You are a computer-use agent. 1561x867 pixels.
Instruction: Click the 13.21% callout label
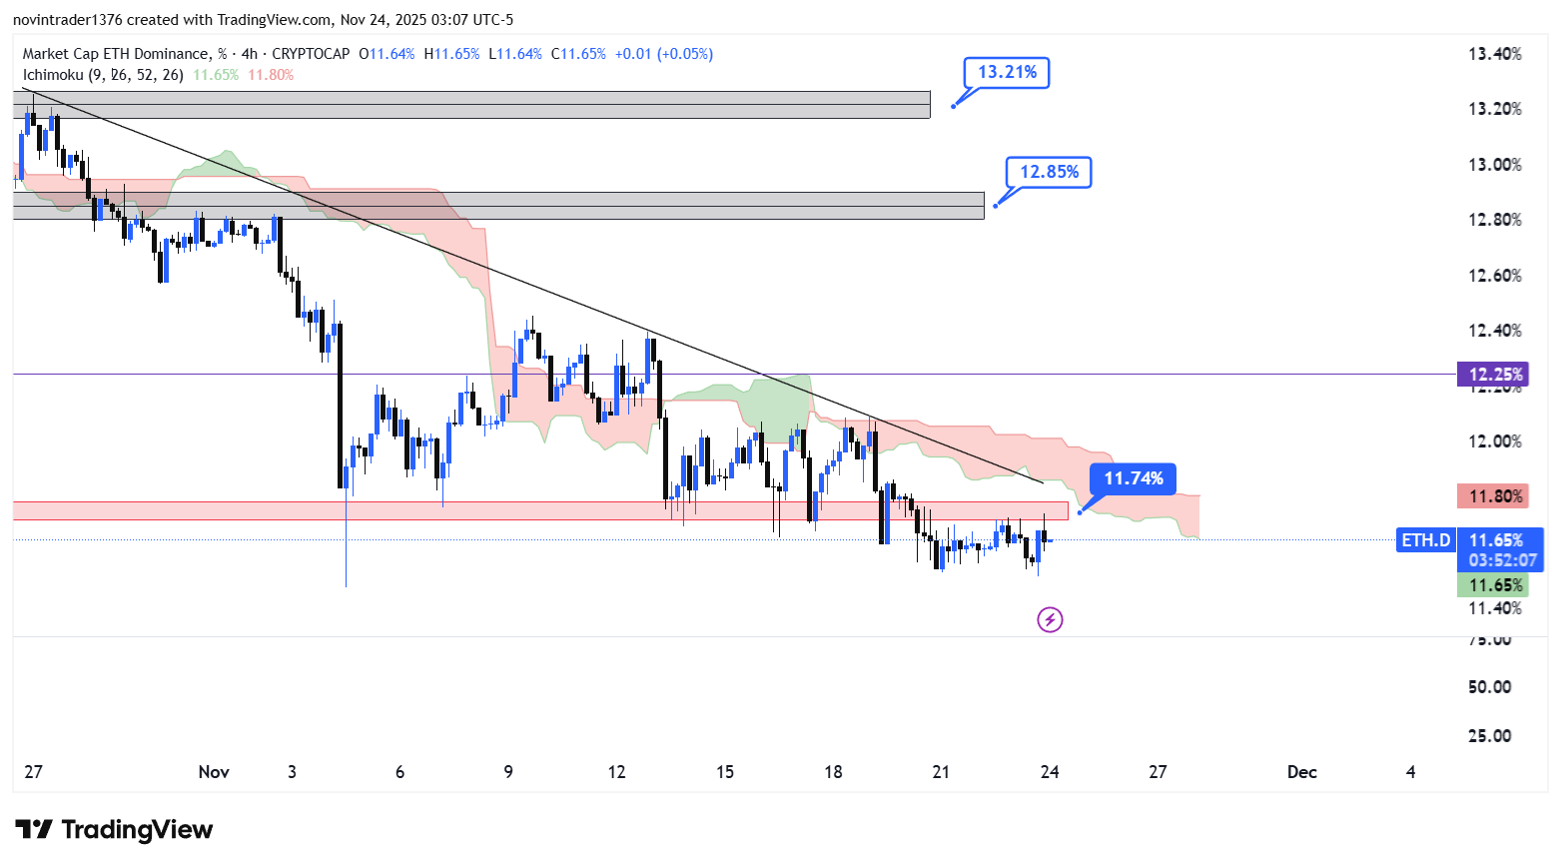[1007, 72]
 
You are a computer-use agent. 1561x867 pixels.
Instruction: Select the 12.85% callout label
[1049, 172]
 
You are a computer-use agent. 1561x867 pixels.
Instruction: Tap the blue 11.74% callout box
[1133, 478]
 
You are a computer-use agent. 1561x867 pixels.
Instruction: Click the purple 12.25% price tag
[1493, 375]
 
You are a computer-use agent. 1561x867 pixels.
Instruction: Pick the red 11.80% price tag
[1493, 496]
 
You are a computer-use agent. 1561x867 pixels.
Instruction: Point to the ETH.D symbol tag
[1425, 540]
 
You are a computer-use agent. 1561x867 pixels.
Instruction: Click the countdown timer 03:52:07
[1502, 560]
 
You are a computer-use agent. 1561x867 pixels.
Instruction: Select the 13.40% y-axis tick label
[1494, 54]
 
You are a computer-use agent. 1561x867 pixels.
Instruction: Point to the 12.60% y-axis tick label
[1494, 276]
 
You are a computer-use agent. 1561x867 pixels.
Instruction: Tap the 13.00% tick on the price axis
[1494, 165]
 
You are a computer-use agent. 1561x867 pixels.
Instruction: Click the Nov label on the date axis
[214, 772]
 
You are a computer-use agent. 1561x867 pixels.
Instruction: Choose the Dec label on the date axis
[1301, 772]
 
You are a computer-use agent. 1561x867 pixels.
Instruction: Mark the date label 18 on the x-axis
[833, 772]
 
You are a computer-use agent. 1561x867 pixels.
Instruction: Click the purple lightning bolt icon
[1050, 620]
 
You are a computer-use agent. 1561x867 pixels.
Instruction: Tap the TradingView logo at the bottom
[114, 830]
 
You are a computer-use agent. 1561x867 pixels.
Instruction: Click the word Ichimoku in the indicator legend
[53, 75]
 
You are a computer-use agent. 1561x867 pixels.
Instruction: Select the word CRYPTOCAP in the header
[311, 54]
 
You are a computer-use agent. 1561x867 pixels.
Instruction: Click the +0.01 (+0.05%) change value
[663, 54]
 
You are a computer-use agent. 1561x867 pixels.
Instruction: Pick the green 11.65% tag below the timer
[1493, 585]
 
